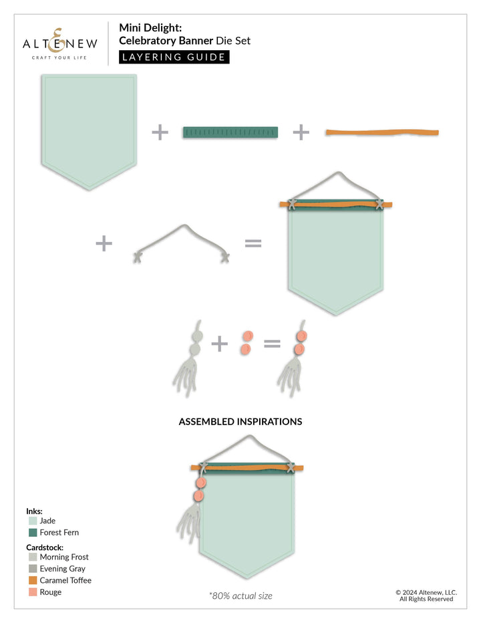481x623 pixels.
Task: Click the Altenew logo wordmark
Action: tap(59, 43)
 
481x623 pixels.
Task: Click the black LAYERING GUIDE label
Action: tap(174, 57)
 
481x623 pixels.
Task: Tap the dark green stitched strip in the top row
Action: tap(230, 132)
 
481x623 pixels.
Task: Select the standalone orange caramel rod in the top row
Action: tap(382, 132)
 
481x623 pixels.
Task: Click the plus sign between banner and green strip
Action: tap(160, 132)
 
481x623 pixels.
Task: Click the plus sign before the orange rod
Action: tap(301, 132)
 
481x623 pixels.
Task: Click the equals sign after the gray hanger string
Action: tap(253, 243)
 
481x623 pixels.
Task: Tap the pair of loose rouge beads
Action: tap(247, 342)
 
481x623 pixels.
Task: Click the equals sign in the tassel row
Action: tap(272, 344)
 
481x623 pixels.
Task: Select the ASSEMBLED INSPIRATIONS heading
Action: tap(240, 422)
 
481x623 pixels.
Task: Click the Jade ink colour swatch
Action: tap(33, 521)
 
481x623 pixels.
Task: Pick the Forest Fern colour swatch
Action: tap(33, 532)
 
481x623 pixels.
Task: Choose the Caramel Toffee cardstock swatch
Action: tap(33, 580)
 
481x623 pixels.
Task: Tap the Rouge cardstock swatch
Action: tap(33, 592)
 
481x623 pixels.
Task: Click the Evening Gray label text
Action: tap(62, 569)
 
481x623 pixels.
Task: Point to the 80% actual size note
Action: tap(240, 596)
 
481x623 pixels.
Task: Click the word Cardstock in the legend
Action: tap(45, 547)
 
